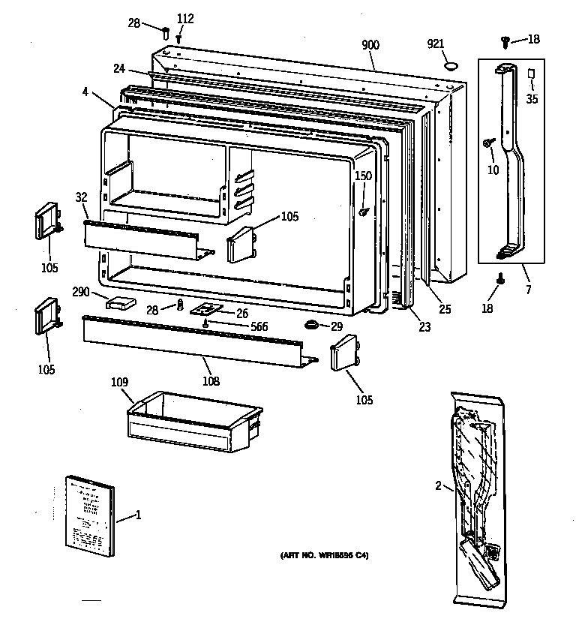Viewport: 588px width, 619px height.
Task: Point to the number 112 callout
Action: [x=184, y=19]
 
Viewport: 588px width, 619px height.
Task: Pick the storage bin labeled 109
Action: [x=193, y=422]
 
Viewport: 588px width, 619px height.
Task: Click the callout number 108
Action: [x=211, y=380]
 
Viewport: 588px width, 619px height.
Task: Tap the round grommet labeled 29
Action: [x=310, y=325]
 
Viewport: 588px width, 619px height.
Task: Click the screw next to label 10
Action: [x=487, y=140]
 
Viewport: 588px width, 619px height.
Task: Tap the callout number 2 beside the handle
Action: [x=438, y=485]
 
